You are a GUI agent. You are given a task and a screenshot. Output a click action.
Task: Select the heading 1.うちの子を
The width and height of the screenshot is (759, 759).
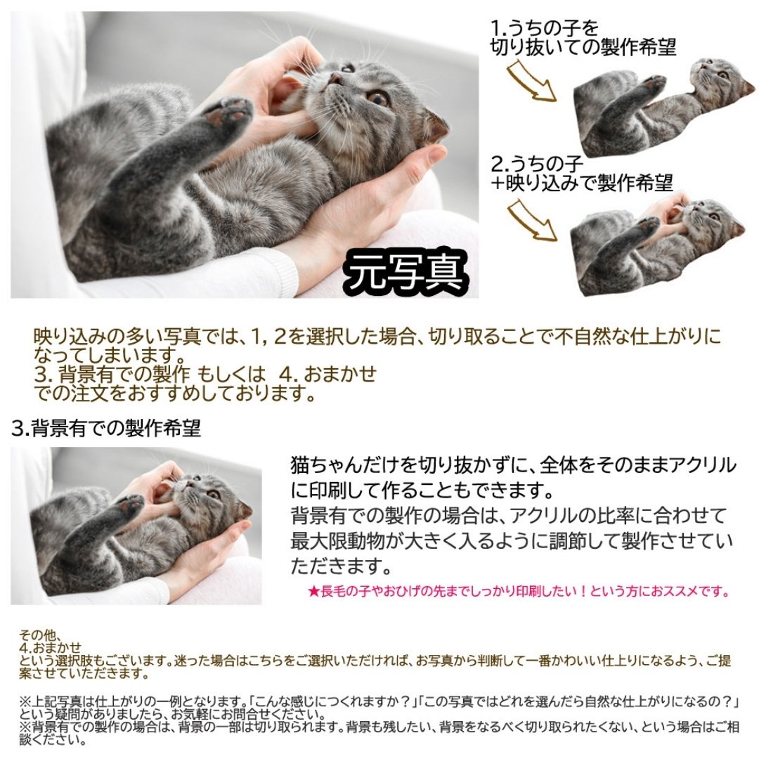point(545,27)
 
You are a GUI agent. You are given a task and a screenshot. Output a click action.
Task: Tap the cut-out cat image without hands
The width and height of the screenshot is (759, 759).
point(663,108)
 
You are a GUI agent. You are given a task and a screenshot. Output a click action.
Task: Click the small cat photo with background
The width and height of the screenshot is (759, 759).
point(136,526)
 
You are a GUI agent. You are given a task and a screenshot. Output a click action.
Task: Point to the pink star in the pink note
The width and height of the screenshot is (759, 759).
point(314,591)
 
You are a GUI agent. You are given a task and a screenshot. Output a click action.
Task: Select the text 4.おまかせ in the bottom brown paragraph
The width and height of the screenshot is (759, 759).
point(51,647)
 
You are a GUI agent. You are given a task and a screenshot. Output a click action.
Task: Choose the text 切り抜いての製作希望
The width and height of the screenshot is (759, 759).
point(583,47)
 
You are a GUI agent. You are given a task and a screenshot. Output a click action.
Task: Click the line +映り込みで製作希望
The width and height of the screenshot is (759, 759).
point(581,183)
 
